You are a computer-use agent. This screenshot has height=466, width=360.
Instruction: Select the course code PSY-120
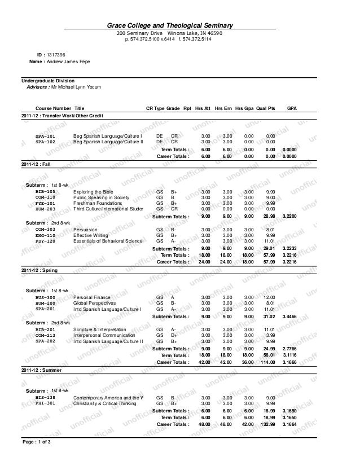tap(45, 241)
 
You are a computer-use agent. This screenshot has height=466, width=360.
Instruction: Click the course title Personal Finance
tap(93, 297)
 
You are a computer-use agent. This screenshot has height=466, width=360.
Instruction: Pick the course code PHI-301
tap(45, 403)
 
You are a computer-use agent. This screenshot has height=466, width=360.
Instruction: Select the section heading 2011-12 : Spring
tap(39, 270)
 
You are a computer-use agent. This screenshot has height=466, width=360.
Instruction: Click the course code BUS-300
tap(45, 297)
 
